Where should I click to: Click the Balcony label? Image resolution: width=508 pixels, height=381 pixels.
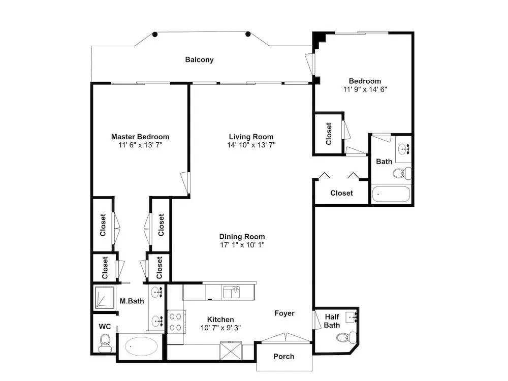click(199, 59)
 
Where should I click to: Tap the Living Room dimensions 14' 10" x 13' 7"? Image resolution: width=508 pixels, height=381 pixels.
click(251, 145)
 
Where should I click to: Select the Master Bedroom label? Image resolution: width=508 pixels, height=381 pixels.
click(140, 137)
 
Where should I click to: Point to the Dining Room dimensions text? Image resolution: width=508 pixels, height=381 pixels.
click(242, 245)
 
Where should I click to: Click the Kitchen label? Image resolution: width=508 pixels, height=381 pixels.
click(220, 320)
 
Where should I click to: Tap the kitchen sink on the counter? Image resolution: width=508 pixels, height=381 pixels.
click(231, 292)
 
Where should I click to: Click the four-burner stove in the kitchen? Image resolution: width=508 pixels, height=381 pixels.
click(176, 322)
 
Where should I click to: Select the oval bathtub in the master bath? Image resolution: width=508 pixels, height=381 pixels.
click(142, 346)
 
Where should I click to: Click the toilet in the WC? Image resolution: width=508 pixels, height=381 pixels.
click(105, 343)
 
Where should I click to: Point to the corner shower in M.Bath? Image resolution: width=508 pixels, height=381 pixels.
click(104, 297)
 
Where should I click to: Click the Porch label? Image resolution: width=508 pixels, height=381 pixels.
click(284, 357)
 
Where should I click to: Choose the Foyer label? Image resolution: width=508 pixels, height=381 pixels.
click(284, 313)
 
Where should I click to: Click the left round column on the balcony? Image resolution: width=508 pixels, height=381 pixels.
click(155, 35)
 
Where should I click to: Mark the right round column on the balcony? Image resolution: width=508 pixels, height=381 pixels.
click(248, 34)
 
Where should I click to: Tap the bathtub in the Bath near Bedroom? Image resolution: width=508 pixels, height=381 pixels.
click(391, 194)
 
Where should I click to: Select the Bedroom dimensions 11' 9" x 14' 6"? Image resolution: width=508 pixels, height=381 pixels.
click(365, 89)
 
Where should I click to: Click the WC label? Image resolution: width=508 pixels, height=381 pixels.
click(105, 327)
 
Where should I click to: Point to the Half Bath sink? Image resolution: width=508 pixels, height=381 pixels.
click(351, 316)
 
